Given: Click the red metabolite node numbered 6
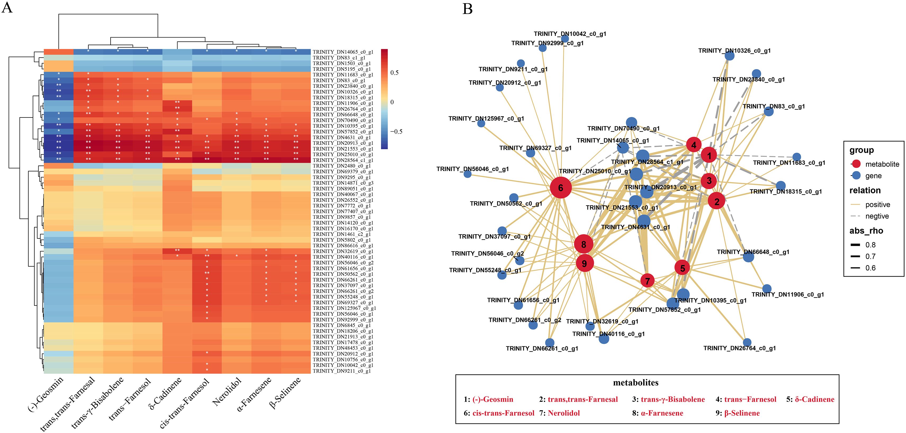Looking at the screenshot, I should pos(561,188).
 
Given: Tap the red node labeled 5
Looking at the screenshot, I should pos(682,268).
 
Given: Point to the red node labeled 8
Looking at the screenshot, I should pos(584,244).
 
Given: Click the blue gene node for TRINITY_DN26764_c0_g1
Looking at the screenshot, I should pos(747,342).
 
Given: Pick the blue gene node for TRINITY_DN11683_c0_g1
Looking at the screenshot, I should pos(797,157).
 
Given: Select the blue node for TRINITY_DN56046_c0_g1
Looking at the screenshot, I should pos(467,173).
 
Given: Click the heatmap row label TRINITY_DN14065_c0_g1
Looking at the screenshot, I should pos(343,52).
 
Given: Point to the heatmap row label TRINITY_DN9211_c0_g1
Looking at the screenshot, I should pos(341,371).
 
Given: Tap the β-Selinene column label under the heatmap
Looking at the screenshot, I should pos(285,393).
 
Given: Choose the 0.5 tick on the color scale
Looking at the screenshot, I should pos(394,73).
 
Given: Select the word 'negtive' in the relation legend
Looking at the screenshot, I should pos(877,216).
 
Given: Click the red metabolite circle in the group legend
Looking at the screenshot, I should pos(856,164).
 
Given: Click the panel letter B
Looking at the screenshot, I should pos(467,8).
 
